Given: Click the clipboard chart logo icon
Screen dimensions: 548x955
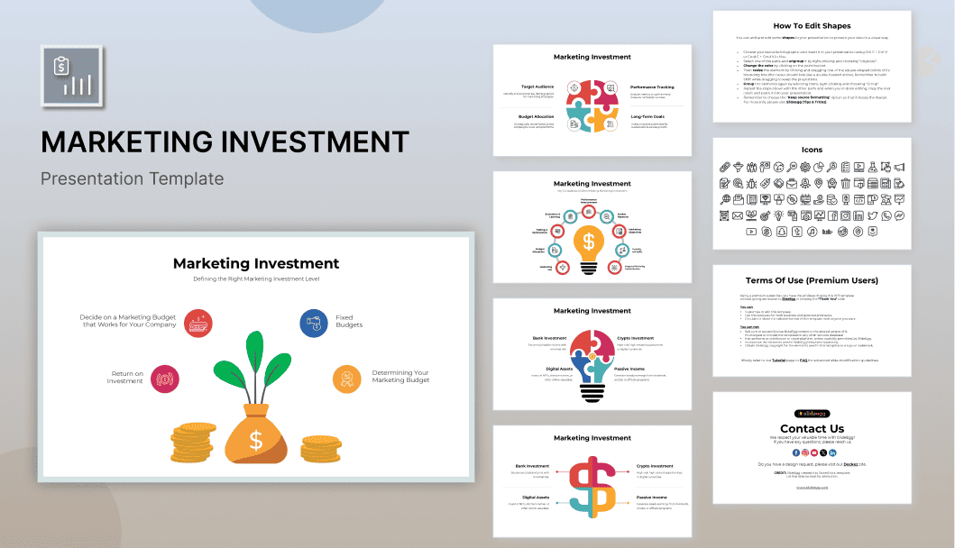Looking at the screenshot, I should [72, 77].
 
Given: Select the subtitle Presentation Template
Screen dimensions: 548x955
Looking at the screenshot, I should [132, 178].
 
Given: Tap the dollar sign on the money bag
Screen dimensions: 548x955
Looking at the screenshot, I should [256, 440].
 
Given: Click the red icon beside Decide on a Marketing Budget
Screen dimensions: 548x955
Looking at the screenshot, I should [198, 323].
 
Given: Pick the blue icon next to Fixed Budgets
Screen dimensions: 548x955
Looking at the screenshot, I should [314, 323].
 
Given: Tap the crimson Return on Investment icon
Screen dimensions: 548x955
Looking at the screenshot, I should [166, 379].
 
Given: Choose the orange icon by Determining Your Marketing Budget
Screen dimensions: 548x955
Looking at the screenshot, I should [346, 379].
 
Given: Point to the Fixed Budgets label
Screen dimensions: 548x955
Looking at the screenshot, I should [349, 322].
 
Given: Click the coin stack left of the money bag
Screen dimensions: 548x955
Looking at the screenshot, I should [192, 443].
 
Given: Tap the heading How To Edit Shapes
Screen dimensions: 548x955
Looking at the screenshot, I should [812, 26].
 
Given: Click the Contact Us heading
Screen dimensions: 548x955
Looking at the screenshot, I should [812, 428].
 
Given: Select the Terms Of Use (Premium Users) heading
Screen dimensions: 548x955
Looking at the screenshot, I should [812, 280].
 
